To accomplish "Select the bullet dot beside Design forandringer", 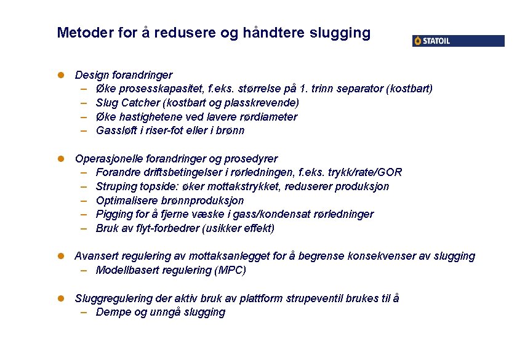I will [x=61, y=75].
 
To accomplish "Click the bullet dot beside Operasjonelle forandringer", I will [x=61, y=159].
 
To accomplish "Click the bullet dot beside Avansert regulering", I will [x=61, y=256].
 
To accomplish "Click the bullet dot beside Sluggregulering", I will [x=61, y=298].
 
